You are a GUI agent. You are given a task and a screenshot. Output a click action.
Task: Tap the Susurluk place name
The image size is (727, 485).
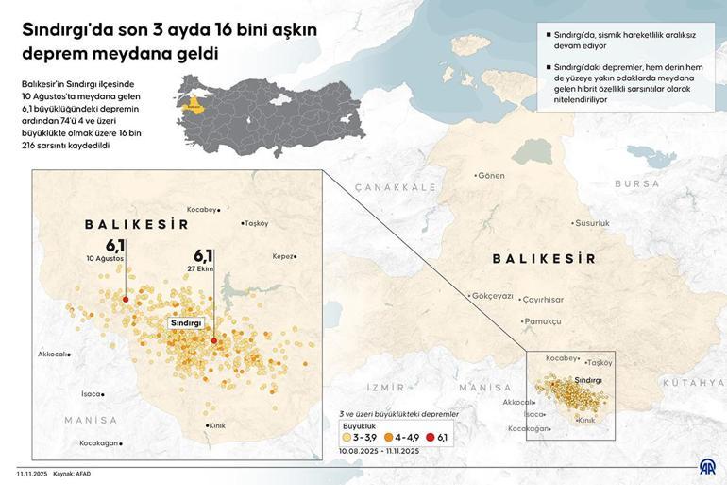pos(593,223)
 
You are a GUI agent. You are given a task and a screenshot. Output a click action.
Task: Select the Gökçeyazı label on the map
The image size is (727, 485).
pos(492,296)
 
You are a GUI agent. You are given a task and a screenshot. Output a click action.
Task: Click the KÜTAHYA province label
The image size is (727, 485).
pos(692,383)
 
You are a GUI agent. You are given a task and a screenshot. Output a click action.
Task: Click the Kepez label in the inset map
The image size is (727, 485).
pos(283,256)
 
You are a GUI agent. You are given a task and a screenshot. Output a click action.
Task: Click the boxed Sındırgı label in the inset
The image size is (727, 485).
pos(186,322)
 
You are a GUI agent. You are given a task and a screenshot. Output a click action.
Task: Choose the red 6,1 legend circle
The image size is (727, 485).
pos(431,438)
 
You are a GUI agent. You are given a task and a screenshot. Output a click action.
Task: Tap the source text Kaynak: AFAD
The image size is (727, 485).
pos(72,473)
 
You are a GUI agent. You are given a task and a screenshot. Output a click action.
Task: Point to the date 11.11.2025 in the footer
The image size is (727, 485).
pos(30,473)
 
